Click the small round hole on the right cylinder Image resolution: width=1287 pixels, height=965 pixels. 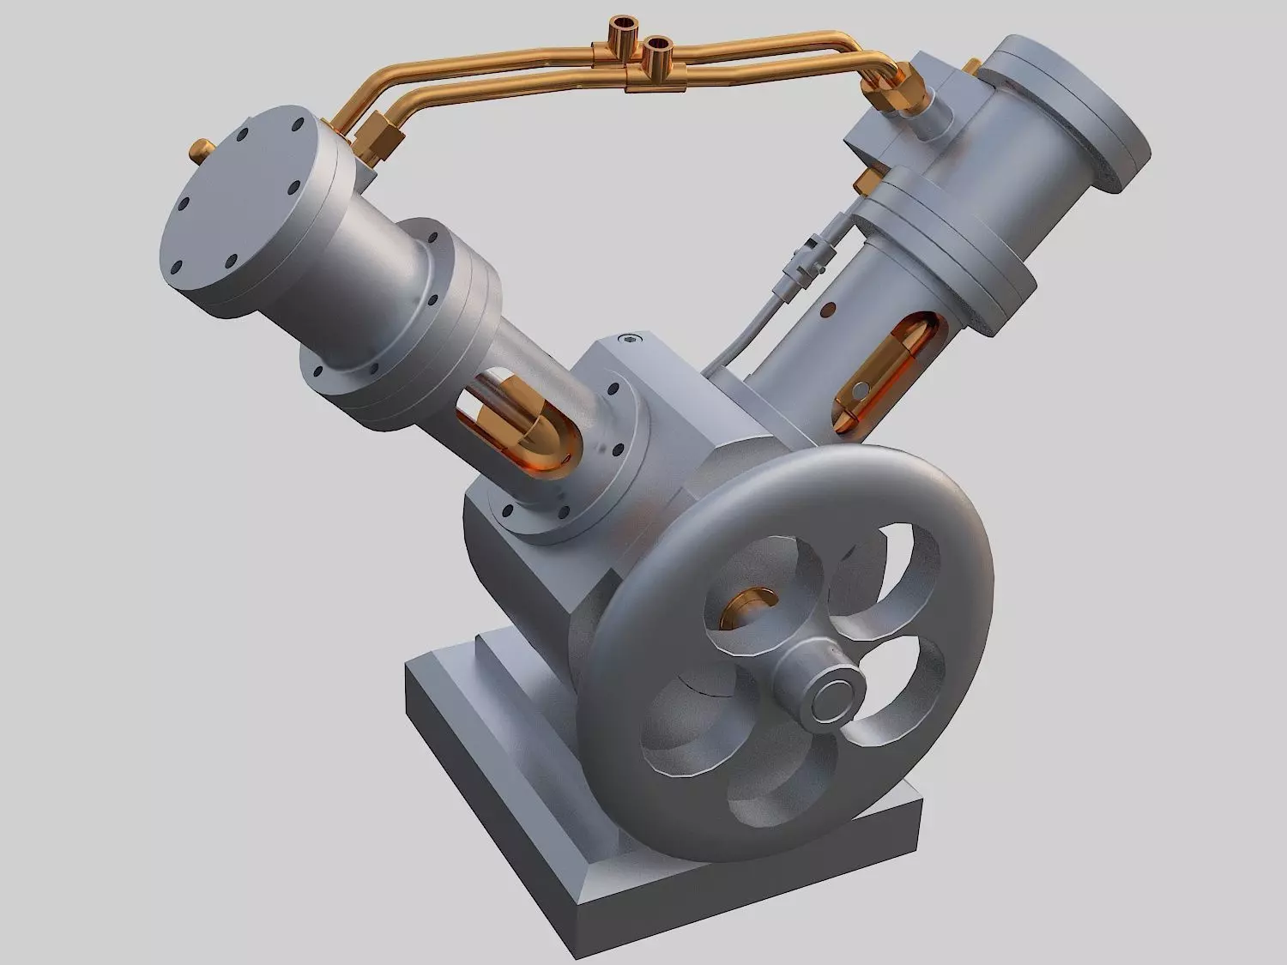(x=831, y=307)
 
